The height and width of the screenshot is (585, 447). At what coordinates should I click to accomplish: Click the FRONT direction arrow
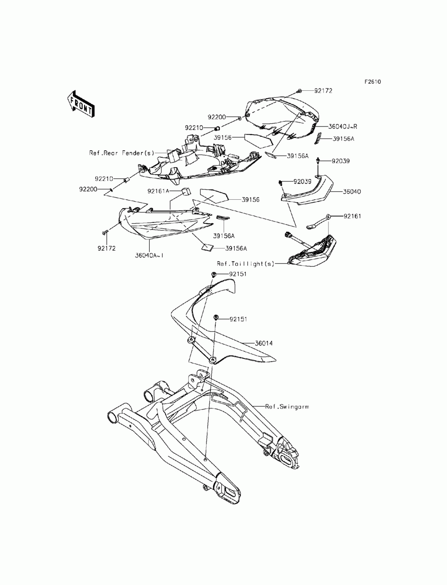(x=80, y=104)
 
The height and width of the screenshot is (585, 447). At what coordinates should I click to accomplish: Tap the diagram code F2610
(x=373, y=82)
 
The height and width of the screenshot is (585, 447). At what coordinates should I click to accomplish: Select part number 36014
(x=264, y=343)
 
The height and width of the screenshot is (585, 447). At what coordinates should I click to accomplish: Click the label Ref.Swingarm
(x=287, y=407)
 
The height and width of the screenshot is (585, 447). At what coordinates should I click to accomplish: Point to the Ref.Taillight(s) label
(x=245, y=264)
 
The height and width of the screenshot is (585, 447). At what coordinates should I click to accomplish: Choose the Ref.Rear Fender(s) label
(x=122, y=153)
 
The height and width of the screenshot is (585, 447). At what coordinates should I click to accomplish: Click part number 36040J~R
(x=342, y=126)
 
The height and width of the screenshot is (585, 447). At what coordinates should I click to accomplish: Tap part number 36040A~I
(x=149, y=255)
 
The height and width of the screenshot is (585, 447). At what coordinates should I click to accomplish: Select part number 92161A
(x=158, y=191)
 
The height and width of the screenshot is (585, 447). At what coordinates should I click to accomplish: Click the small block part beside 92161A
(x=186, y=192)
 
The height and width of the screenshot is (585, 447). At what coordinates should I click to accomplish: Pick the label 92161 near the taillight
(x=352, y=216)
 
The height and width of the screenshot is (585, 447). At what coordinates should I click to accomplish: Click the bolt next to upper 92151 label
(x=214, y=274)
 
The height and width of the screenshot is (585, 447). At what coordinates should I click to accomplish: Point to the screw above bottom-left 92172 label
(x=104, y=232)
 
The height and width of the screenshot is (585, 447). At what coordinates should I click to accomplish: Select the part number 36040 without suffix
(x=352, y=192)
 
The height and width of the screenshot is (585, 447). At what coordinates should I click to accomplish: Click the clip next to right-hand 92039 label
(x=318, y=161)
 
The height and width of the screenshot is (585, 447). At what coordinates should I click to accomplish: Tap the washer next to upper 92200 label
(x=240, y=118)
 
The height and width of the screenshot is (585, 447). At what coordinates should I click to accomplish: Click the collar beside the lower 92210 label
(x=126, y=180)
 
